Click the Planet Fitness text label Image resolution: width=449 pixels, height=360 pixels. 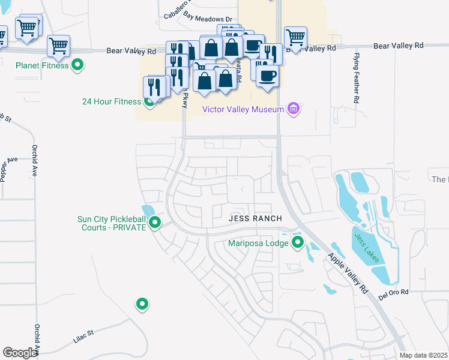42,65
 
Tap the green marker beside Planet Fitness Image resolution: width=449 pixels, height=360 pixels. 77,65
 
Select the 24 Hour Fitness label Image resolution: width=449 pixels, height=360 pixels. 110,101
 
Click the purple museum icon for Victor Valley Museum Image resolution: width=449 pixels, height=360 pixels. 294,109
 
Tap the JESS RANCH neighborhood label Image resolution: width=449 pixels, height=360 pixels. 255,219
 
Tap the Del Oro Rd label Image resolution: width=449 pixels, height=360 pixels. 393,293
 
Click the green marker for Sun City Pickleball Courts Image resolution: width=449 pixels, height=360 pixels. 155,223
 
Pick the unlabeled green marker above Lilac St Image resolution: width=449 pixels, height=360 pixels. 142,304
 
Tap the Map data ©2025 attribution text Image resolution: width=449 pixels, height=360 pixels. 423,356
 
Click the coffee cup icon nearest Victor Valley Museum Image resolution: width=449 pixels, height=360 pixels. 267,76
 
